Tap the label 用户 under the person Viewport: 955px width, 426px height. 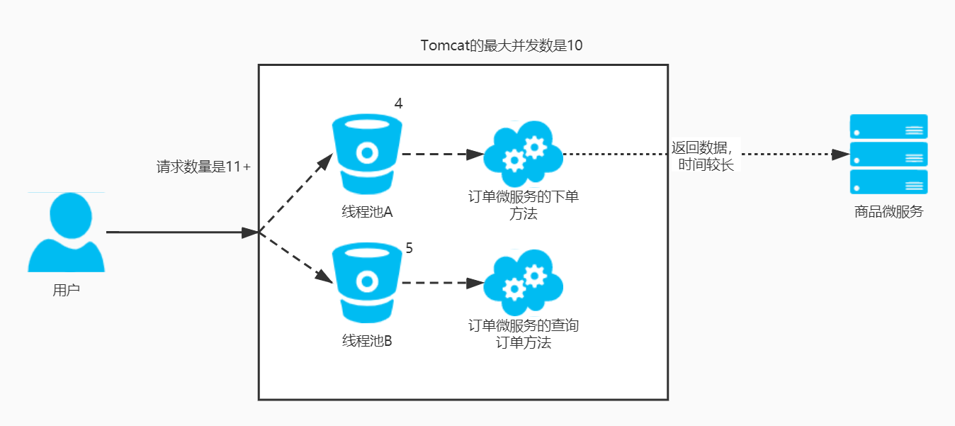(x=66, y=290)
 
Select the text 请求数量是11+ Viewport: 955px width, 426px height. (x=203, y=167)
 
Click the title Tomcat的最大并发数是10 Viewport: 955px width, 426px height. (x=502, y=46)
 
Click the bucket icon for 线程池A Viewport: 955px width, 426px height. (x=367, y=155)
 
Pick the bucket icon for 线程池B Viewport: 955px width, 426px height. (x=366, y=283)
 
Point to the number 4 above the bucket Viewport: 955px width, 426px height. (x=399, y=103)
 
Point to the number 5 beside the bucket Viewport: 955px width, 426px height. (x=409, y=248)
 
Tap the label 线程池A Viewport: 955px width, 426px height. (x=367, y=212)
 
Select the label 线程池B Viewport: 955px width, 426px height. (x=367, y=340)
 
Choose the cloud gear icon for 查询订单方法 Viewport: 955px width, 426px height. (x=523, y=283)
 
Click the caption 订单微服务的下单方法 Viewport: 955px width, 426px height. (x=523, y=204)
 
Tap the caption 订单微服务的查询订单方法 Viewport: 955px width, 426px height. (x=523, y=334)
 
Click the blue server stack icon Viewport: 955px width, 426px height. (x=888, y=154)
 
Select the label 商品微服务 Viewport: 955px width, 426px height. (x=888, y=212)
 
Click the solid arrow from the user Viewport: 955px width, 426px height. (x=181, y=232)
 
